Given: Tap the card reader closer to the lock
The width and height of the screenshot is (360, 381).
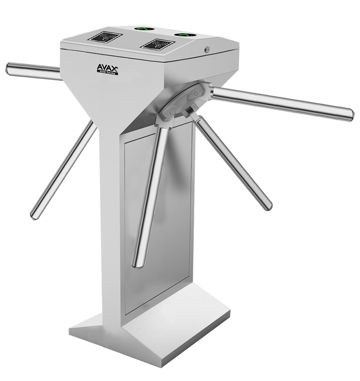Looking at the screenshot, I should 156,45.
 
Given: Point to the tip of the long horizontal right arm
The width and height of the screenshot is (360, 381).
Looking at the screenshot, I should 350,115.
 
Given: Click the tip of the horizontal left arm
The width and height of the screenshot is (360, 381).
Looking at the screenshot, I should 9,69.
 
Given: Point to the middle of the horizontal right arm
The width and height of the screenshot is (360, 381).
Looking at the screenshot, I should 281,102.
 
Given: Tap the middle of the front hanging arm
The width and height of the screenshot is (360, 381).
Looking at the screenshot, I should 151,195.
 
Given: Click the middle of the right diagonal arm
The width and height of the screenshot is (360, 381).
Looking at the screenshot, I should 233,162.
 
